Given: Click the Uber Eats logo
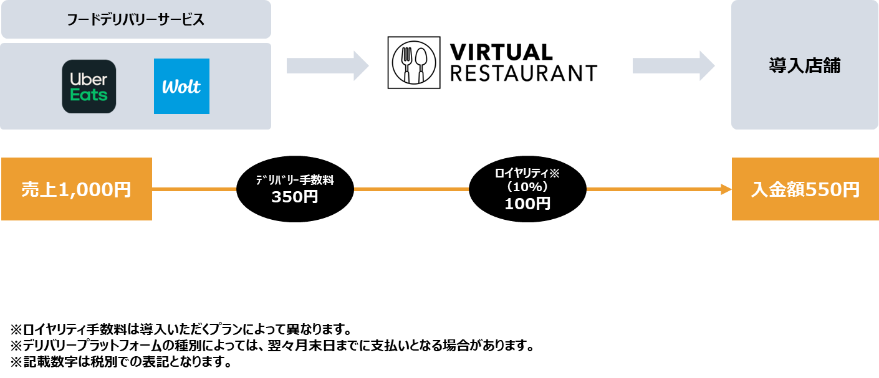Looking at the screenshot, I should click(89, 87).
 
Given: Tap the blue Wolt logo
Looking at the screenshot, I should click(181, 87).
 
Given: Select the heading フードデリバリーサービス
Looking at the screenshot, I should click(135, 20).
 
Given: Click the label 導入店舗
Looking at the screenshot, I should click(804, 66).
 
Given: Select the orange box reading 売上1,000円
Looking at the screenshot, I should click(77, 189).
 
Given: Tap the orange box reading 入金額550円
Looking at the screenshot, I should click(805, 189).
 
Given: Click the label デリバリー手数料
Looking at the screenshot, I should click(295, 181).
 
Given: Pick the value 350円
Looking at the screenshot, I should click(295, 197).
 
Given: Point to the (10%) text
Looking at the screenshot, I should click(527, 187).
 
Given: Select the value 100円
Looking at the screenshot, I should click(527, 204).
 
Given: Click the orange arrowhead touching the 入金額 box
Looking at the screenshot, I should click(726, 189).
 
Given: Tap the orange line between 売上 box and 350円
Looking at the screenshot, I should click(194, 189).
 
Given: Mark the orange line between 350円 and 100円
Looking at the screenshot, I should click(411, 189).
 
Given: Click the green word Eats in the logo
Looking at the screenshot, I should click(89, 95).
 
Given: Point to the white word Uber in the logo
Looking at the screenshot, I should click(89, 79).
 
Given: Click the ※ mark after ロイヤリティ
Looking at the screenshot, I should click(554, 173).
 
